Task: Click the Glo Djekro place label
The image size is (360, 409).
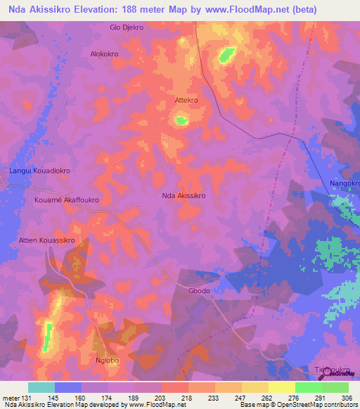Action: [x=127, y=27]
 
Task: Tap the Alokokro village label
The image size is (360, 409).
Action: [x=104, y=53]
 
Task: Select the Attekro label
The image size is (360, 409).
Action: [x=186, y=100]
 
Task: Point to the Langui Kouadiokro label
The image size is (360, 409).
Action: [x=40, y=170]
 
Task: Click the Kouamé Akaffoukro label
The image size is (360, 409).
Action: [x=67, y=200]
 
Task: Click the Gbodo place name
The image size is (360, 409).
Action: [x=199, y=291]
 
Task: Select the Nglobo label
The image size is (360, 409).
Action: [x=108, y=361]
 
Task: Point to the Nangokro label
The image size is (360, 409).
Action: [x=344, y=183]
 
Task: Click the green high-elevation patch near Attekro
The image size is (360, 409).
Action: [x=181, y=121]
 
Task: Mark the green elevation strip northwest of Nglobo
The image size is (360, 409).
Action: [x=48, y=336]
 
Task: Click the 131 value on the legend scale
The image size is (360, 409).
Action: [x=27, y=397]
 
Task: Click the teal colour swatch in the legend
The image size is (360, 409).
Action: [x=41, y=387]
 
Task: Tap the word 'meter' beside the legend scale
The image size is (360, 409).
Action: [x=10, y=397]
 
